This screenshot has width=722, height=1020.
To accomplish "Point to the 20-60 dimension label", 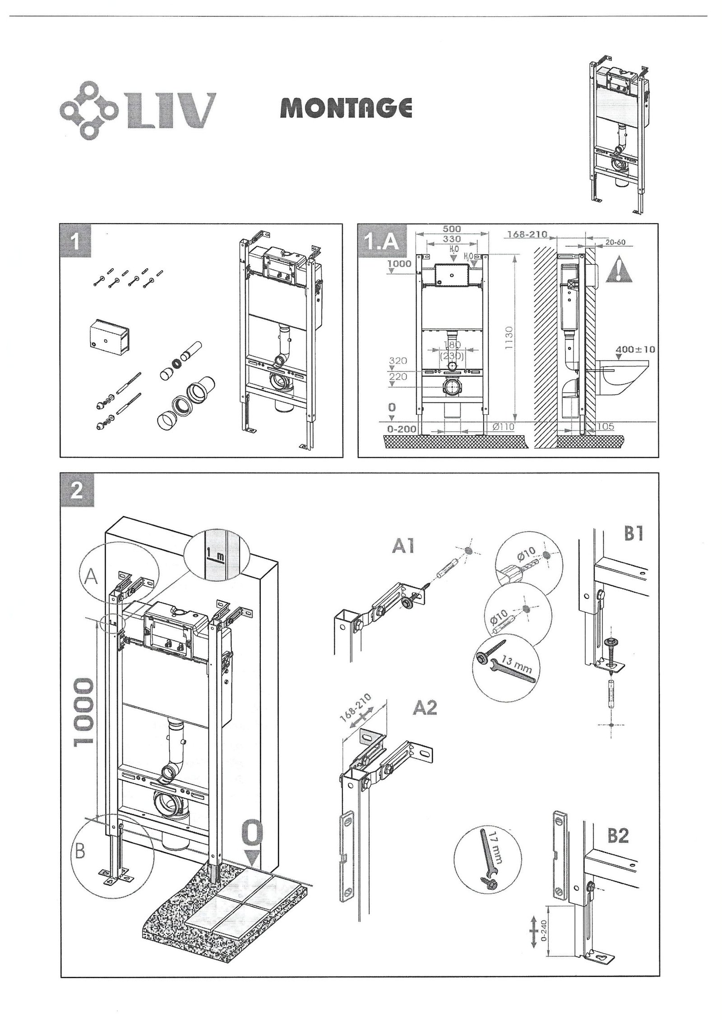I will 616,242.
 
